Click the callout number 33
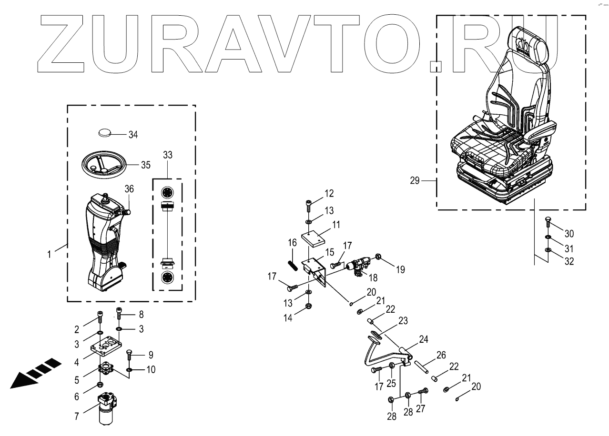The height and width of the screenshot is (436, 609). coord(167,155)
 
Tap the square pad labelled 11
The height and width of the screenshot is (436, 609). coord(315,238)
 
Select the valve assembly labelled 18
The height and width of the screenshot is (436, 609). coord(360,265)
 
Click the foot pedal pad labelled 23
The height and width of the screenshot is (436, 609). coord(376,337)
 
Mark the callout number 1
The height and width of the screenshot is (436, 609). coord(49,255)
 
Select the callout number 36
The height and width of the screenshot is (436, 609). coord(129,189)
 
